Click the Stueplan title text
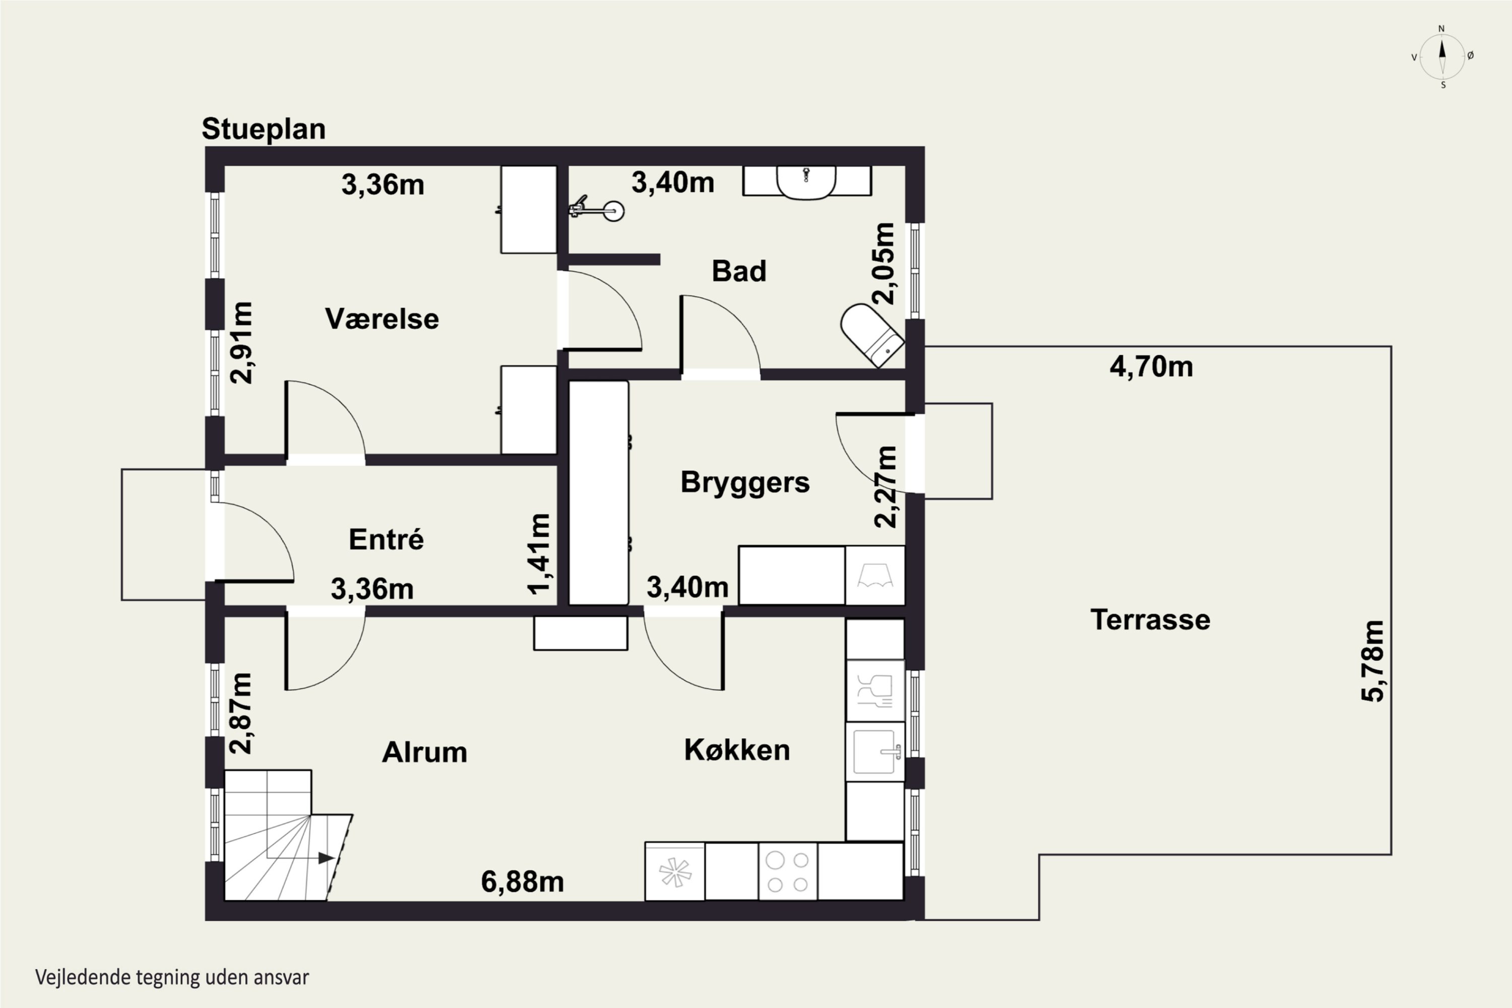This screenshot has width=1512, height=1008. pyautogui.click(x=264, y=129)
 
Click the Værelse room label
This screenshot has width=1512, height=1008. pyautogui.click(x=382, y=319)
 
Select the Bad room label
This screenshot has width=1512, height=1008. pyautogui.click(x=739, y=271)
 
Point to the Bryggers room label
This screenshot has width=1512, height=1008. pyautogui.click(x=745, y=483)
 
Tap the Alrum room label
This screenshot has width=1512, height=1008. pyautogui.click(x=424, y=752)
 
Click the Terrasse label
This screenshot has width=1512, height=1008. pyautogui.click(x=1150, y=620)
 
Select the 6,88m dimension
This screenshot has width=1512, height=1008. pyautogui.click(x=522, y=882)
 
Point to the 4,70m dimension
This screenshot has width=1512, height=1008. pyautogui.click(x=1151, y=367)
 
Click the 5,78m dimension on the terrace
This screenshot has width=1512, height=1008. pyautogui.click(x=1372, y=661)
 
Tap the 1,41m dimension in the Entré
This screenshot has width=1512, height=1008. pyautogui.click(x=538, y=554)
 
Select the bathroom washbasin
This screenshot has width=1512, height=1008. pyautogui.click(x=806, y=182)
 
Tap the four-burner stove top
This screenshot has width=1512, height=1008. pyautogui.click(x=787, y=871)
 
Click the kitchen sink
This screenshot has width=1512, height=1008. pyautogui.click(x=875, y=751)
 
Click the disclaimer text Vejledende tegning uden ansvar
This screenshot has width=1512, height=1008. pyautogui.click(x=172, y=978)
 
